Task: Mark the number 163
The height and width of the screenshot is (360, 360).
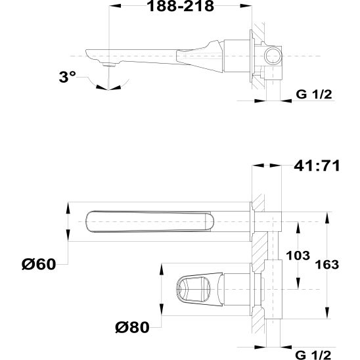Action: click(326, 264)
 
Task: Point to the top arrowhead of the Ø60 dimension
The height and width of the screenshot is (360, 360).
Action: click(68, 205)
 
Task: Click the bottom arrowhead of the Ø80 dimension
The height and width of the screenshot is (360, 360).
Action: click(162, 314)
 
